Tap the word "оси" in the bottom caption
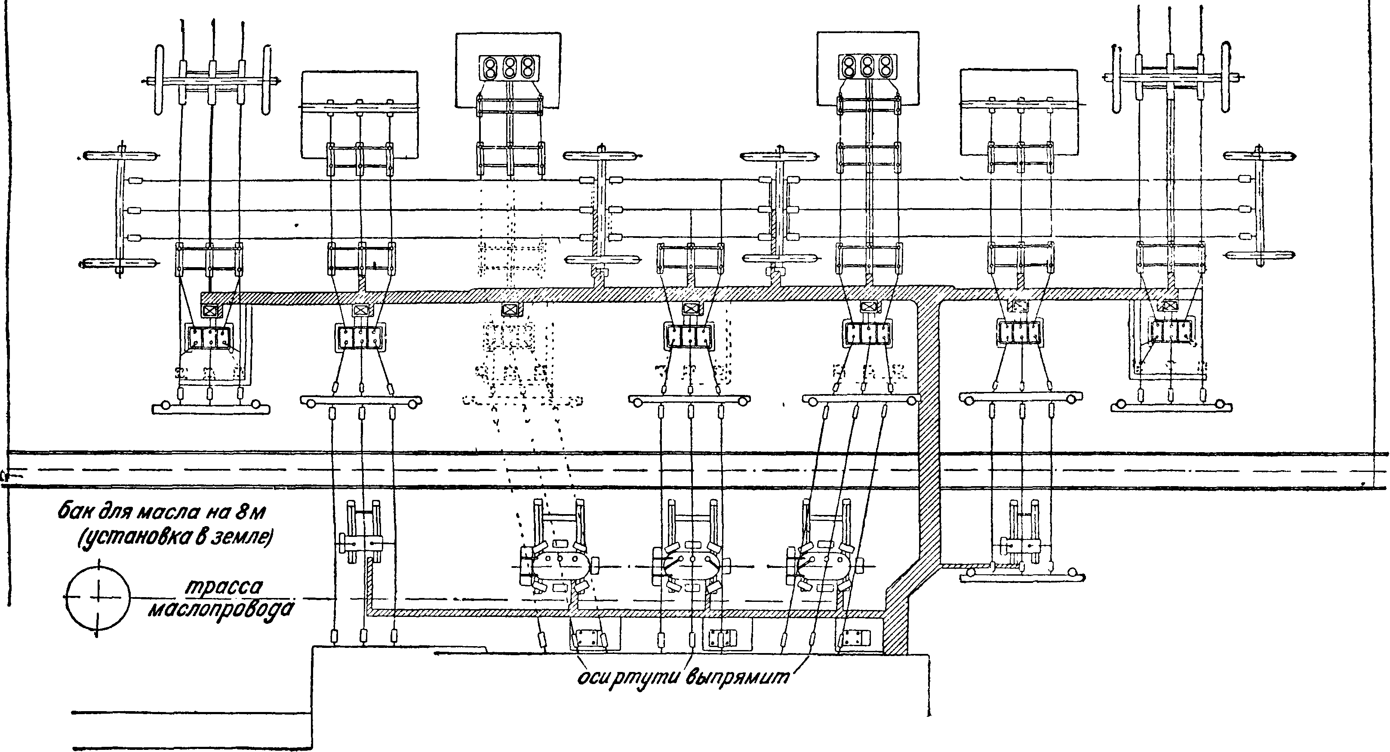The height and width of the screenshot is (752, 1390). (x=591, y=678)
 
